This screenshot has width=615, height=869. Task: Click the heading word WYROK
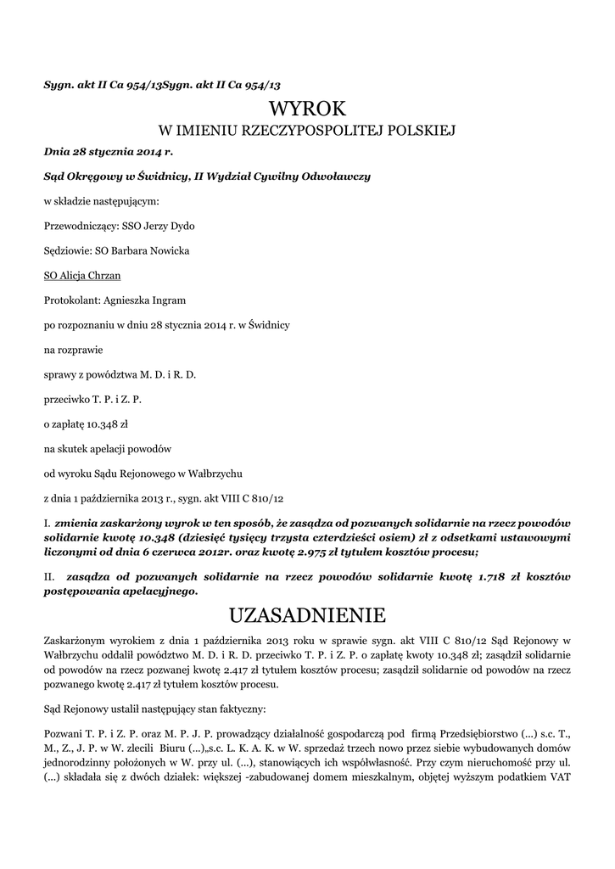tap(307, 109)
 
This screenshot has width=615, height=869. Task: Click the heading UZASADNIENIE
tap(307, 614)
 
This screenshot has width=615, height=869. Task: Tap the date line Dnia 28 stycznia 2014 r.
tap(108, 152)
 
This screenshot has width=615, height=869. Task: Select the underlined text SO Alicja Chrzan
tap(81, 276)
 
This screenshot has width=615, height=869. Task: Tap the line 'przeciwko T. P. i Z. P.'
tap(92, 397)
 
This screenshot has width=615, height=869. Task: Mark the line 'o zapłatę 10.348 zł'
tap(84, 422)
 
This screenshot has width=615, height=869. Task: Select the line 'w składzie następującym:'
tap(100, 202)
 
